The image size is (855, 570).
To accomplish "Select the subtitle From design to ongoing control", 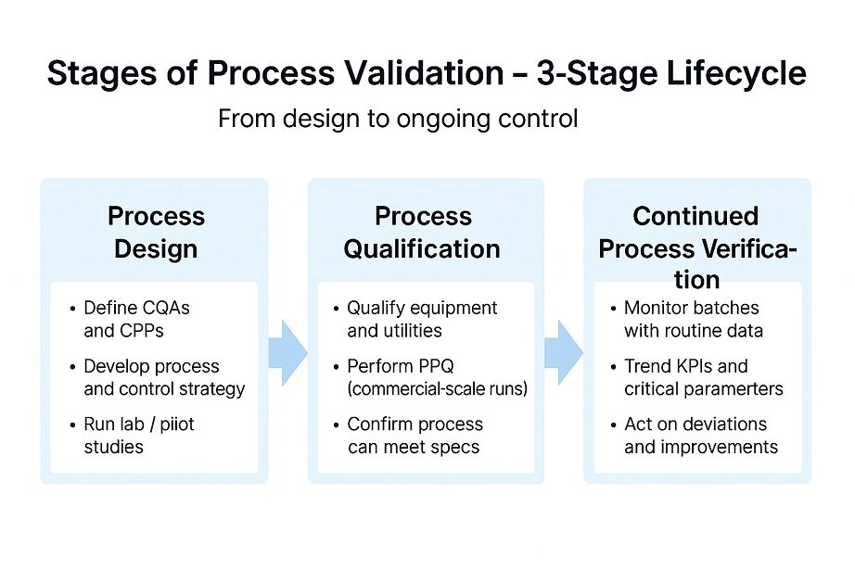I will point(397,120).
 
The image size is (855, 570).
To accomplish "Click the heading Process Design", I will point(155,233).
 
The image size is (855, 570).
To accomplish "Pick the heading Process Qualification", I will point(422,233).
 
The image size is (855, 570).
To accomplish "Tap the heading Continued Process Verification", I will point(696,247).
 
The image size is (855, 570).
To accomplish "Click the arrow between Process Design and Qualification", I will point(287,353).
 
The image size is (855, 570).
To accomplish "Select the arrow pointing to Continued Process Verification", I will point(563,353).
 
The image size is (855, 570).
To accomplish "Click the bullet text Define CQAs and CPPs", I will point(135,318).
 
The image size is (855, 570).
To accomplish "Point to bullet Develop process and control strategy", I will point(163,377).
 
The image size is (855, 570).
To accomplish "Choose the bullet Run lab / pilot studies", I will point(138,436).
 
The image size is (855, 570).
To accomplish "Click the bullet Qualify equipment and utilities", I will point(421,319).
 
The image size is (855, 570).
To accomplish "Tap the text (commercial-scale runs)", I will point(437,389).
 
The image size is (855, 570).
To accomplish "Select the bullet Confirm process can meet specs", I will point(415,436).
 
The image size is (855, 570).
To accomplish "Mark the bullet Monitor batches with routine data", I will point(691,319).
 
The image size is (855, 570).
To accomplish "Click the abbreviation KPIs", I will point(695,366).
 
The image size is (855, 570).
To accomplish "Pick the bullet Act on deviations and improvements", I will point(700,436).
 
